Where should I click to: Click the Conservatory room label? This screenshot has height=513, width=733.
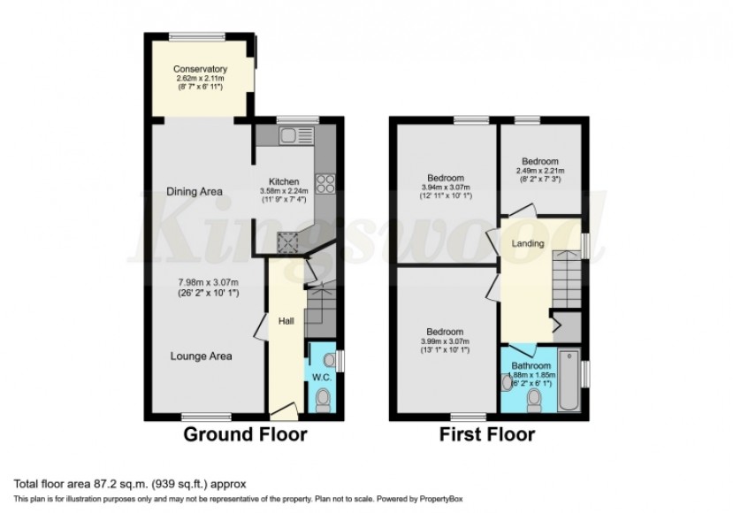200,69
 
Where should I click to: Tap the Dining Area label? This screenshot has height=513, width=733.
193,190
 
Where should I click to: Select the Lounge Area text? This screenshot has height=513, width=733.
202,356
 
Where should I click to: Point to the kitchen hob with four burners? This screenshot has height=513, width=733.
325,184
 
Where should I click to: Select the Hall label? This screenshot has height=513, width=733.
286,321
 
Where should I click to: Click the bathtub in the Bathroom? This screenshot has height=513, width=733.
568,385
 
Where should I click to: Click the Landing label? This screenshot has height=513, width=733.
528,243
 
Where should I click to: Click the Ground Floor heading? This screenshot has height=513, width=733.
245,434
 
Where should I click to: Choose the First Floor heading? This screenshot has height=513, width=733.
486,434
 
